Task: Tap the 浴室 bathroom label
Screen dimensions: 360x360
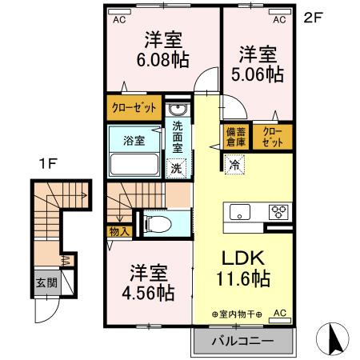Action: (134, 141)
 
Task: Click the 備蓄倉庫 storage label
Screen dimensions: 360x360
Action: (235, 137)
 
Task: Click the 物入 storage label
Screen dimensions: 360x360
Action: (118, 230)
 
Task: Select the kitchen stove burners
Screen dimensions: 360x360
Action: (280, 212)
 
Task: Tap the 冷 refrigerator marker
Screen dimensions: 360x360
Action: (234, 166)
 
